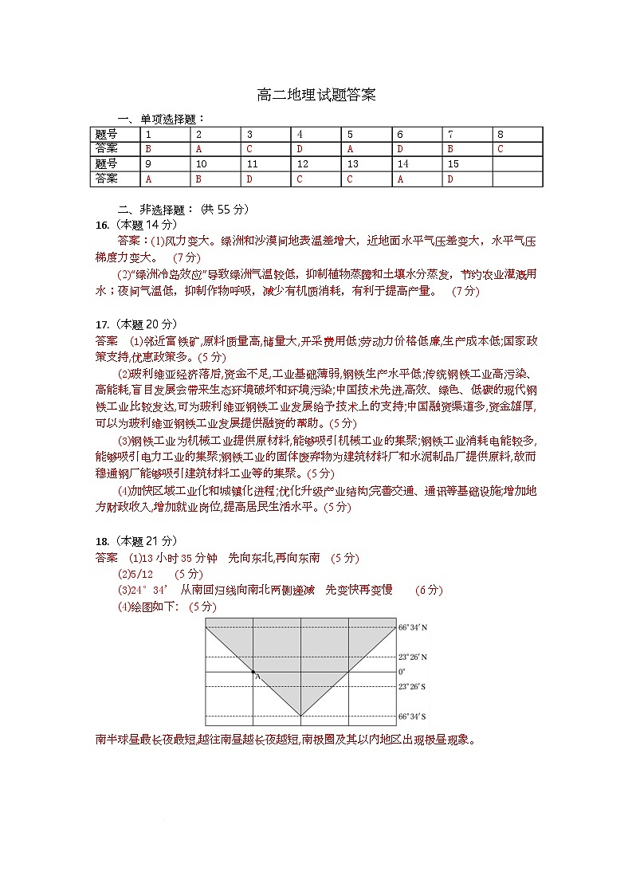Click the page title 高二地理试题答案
[x=316, y=95]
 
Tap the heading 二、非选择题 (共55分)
[x=183, y=209]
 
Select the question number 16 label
[x=101, y=224]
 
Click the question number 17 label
[x=101, y=324]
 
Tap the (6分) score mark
[x=429, y=590]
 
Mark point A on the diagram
[x=253, y=673]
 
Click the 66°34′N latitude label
[x=413, y=628]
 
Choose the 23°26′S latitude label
[x=413, y=686]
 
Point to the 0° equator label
[x=402, y=672]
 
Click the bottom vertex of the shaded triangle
[x=300, y=715]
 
